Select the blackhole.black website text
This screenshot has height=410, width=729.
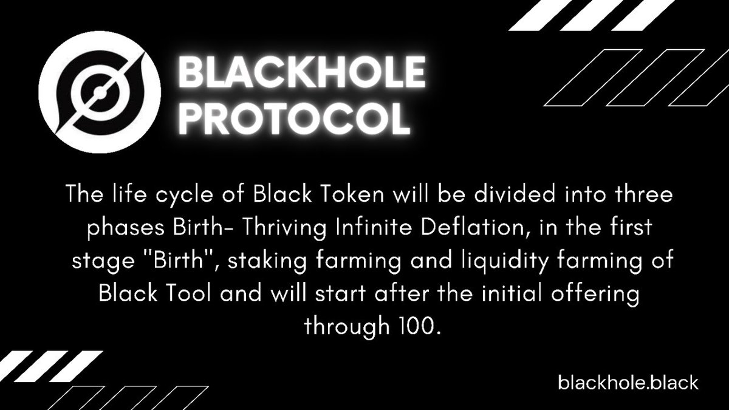coord(628,383)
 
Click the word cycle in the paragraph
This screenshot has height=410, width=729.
coord(180,198)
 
